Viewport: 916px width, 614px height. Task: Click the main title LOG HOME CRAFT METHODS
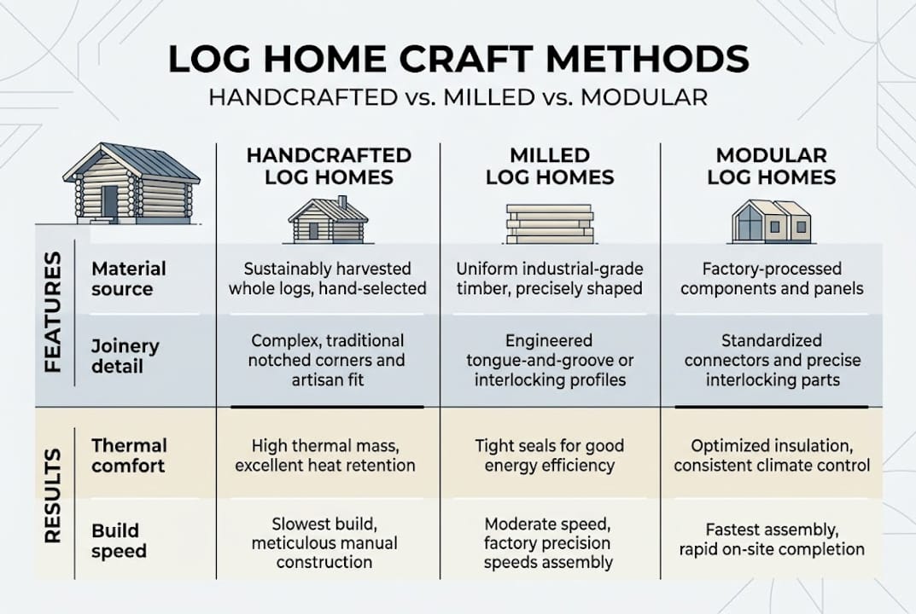(x=458, y=59)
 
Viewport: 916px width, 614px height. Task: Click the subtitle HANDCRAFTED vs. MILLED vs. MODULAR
(x=458, y=97)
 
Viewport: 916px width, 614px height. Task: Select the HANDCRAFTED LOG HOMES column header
(x=329, y=166)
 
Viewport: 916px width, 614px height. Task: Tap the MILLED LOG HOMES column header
(x=550, y=166)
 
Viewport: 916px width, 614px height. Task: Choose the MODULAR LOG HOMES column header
(x=771, y=166)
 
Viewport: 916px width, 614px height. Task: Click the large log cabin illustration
(x=131, y=184)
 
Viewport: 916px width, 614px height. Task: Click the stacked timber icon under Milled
(x=549, y=224)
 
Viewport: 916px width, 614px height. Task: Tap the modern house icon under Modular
(x=771, y=221)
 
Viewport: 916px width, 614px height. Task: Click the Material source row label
(x=129, y=278)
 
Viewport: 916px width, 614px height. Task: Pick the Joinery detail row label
(x=125, y=356)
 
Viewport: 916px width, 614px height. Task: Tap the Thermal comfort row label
(x=129, y=455)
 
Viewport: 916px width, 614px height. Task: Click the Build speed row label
(x=120, y=540)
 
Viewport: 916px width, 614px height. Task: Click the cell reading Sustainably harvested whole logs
(x=327, y=279)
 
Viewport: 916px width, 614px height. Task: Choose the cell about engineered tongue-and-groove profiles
(x=549, y=360)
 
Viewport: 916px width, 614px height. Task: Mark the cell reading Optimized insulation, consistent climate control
(x=772, y=455)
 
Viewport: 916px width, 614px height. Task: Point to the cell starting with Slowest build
(x=327, y=542)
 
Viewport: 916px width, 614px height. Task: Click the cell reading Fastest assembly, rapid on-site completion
(x=772, y=539)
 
